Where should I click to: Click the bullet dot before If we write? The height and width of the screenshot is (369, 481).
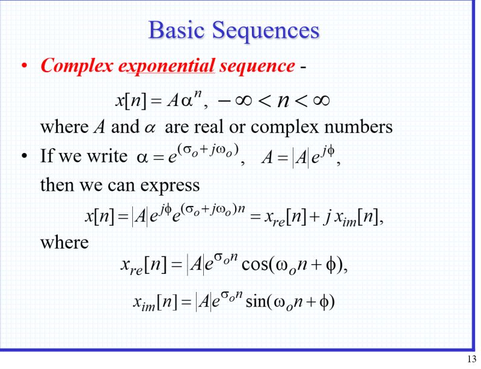point(24,157)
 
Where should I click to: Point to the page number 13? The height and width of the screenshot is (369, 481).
point(471,359)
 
